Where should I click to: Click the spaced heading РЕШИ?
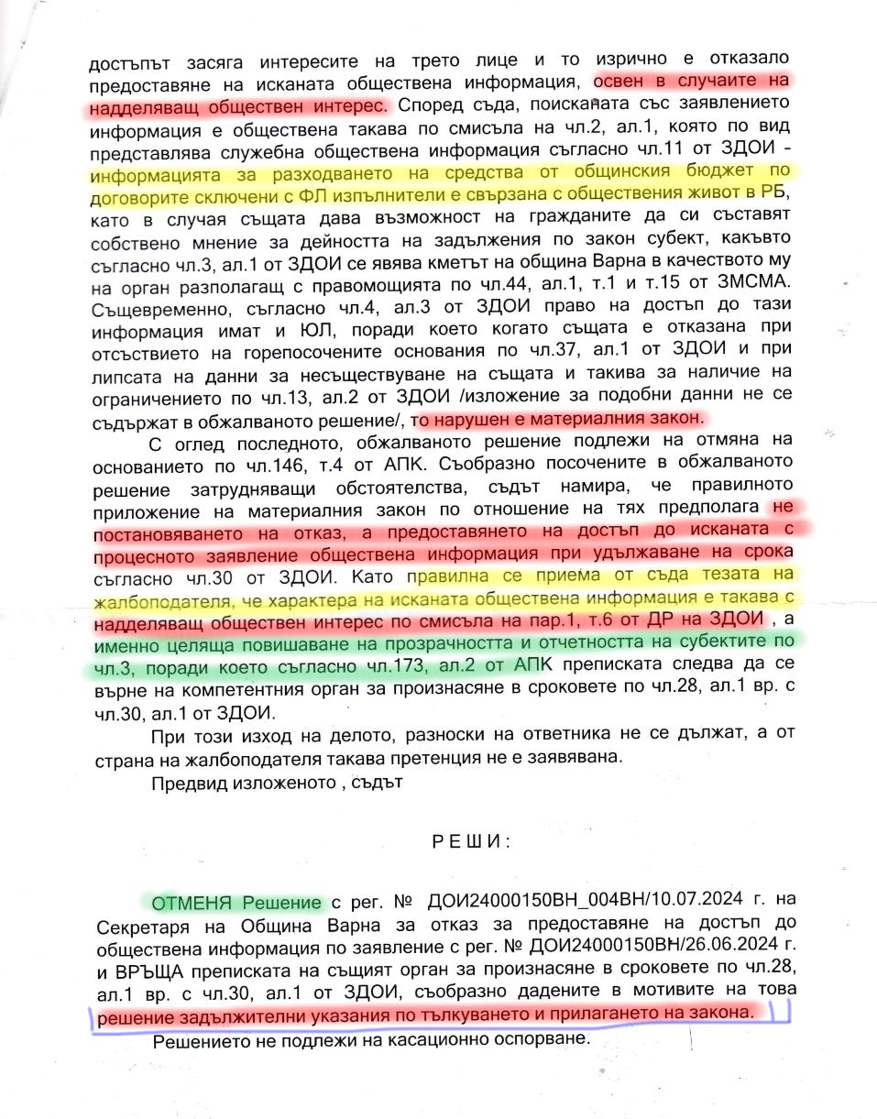click(467, 840)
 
